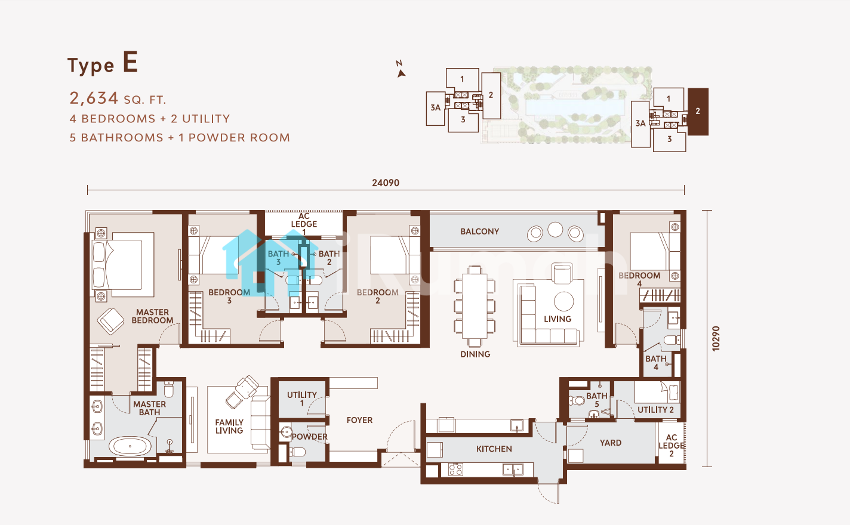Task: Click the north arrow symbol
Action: pyautogui.click(x=401, y=73)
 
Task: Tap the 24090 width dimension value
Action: pyautogui.click(x=386, y=183)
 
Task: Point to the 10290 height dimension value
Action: pyautogui.click(x=716, y=338)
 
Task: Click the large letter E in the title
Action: pyautogui.click(x=130, y=62)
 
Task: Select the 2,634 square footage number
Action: pyautogui.click(x=94, y=98)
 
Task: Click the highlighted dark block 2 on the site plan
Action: pyautogui.click(x=698, y=112)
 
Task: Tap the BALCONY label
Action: pyautogui.click(x=480, y=231)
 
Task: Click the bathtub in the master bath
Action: pyautogui.click(x=130, y=446)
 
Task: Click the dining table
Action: pyautogui.click(x=475, y=306)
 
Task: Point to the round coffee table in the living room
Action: pyautogui.click(x=564, y=301)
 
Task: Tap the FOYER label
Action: pyautogui.click(x=359, y=421)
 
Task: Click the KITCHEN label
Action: pyautogui.click(x=494, y=449)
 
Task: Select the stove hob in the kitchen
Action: pyautogui.click(x=455, y=470)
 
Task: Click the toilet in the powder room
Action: pyautogui.click(x=297, y=452)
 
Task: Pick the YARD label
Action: pyautogui.click(x=611, y=443)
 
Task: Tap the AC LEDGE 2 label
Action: pyautogui.click(x=672, y=445)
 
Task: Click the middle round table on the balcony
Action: pyautogui.click(x=555, y=230)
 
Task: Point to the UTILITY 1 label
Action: pyautogui.click(x=301, y=399)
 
